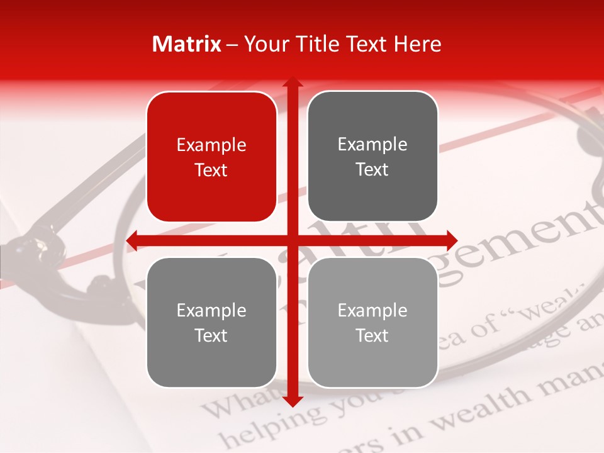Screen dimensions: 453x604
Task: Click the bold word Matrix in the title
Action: [187, 44]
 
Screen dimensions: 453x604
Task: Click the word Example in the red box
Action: [211, 145]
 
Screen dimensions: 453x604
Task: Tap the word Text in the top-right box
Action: [372, 170]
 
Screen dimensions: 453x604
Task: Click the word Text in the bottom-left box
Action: [211, 335]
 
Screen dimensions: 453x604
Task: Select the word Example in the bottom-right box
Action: [372, 310]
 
